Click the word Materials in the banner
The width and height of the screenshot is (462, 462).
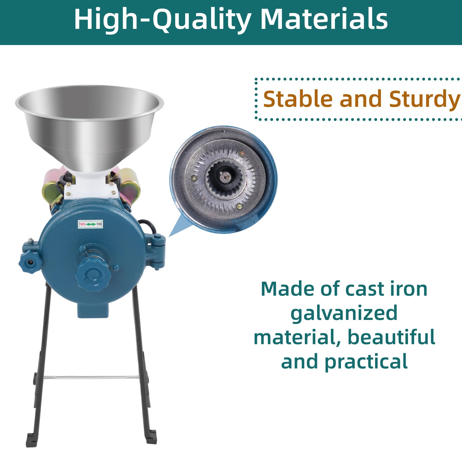[324, 19]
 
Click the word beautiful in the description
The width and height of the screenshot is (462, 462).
[391, 337]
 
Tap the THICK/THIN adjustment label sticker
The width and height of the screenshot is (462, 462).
[90, 224]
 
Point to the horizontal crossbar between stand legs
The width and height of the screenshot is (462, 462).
[92, 377]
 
